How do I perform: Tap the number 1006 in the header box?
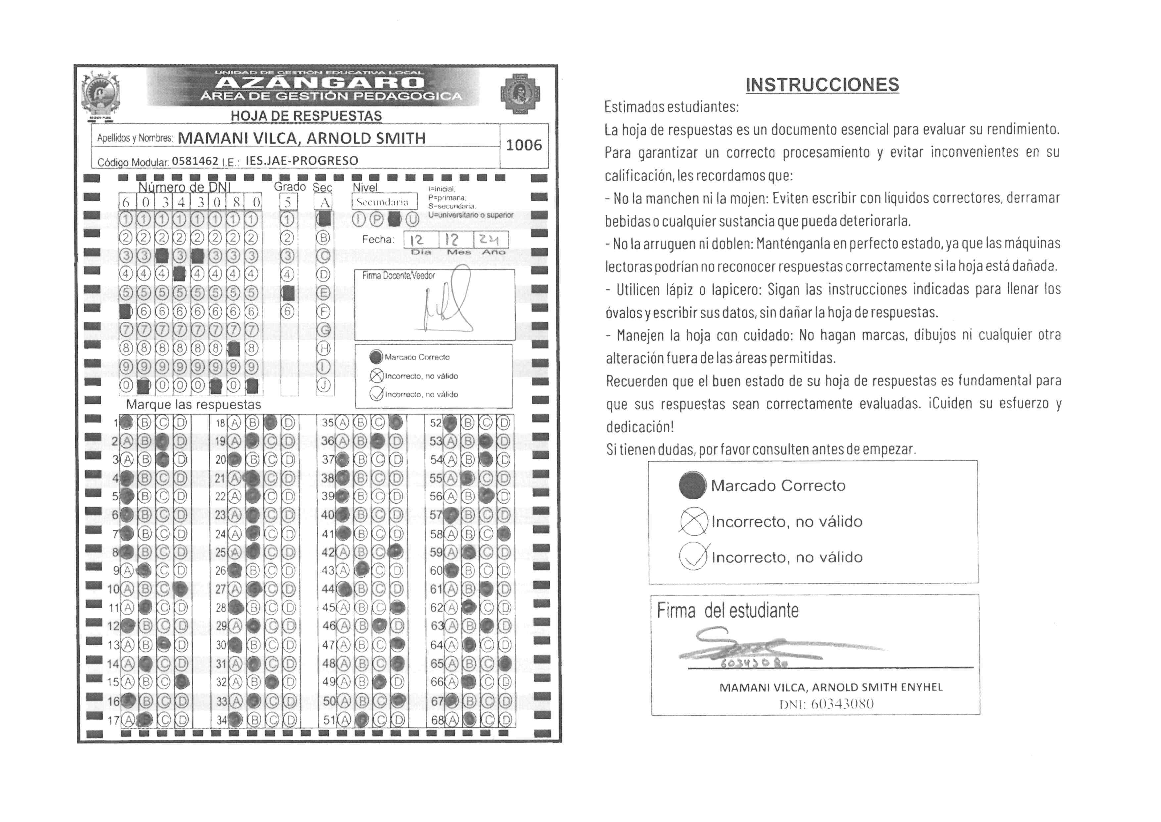[x=523, y=145]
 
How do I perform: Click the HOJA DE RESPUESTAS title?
[x=307, y=116]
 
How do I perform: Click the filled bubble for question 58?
[x=504, y=534]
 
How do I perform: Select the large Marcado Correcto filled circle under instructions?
[x=692, y=485]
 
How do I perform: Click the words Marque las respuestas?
[x=194, y=404]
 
